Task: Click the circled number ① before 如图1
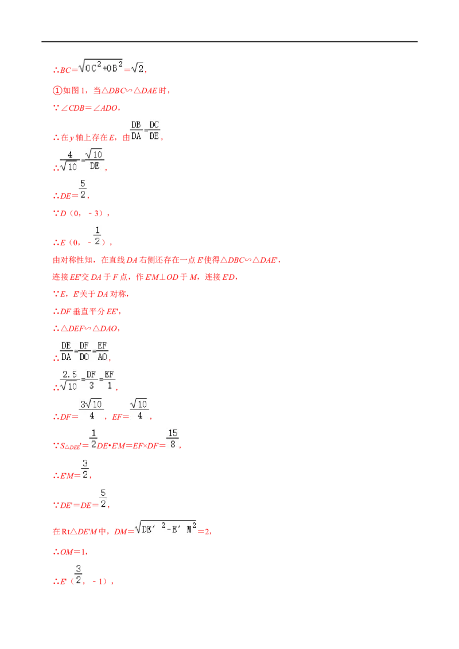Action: [57, 91]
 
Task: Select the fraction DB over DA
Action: [137, 130]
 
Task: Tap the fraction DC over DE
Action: [154, 130]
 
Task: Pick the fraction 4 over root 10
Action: [69, 161]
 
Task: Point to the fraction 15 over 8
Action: [173, 439]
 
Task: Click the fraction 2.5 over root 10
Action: [69, 380]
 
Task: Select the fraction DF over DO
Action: [84, 351]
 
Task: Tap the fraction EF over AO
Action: [102, 351]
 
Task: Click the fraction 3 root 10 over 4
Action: [91, 410]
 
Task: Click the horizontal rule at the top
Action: [229, 42]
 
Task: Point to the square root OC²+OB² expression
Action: [100, 67]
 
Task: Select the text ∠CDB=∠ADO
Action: [90, 108]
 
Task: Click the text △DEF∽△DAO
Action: [90, 329]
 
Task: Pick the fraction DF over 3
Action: [91, 380]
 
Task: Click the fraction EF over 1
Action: [110, 380]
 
